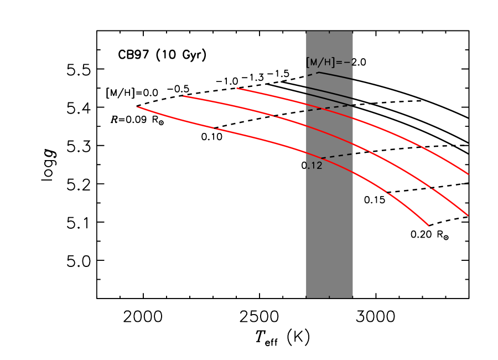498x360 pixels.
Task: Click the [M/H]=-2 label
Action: coord(330,62)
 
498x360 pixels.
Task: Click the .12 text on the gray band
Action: coord(314,166)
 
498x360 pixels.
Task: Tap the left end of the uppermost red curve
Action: coord(237,88)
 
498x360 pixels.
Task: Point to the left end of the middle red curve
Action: coord(183,96)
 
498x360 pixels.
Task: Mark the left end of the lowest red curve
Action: coord(137,107)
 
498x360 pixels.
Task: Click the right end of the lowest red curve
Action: coord(429,225)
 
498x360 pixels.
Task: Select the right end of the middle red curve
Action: coord(468,215)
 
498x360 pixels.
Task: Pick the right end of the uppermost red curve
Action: coord(468,174)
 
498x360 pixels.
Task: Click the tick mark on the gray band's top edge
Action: coord(330,33)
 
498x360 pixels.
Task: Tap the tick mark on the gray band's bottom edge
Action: coord(330,296)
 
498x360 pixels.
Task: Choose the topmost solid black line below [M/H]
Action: coord(336,75)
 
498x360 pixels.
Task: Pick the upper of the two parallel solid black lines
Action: coord(330,92)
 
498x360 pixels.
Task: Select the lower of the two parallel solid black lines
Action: coord(330,98)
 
